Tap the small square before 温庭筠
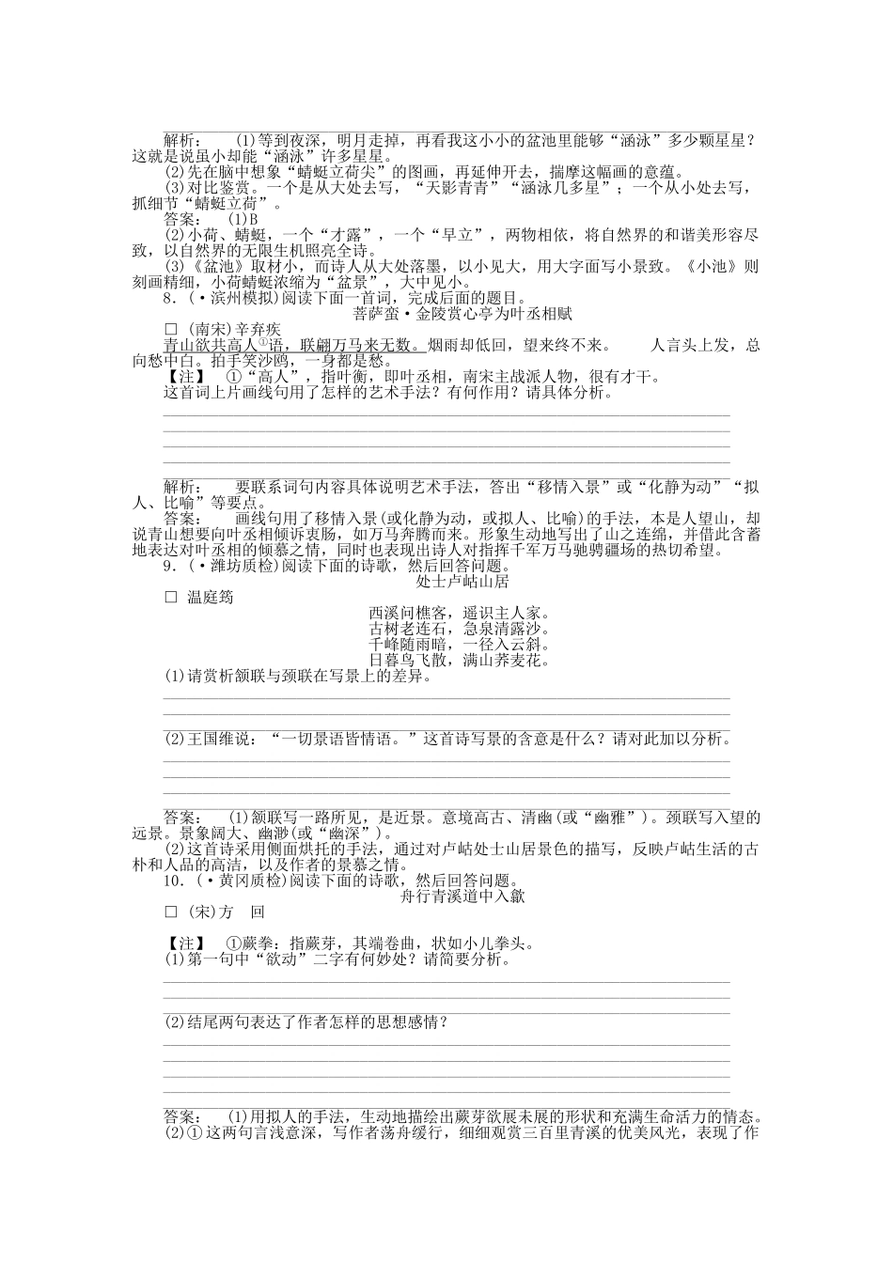click(x=171, y=597)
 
